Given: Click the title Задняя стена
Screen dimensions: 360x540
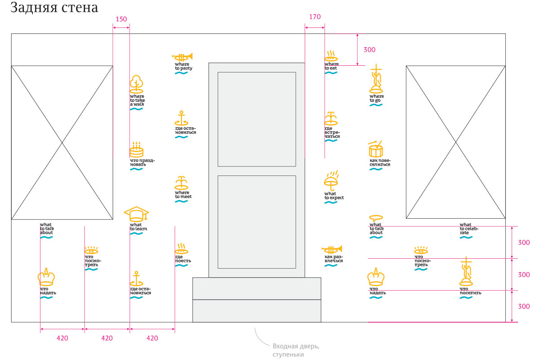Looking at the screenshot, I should [x=54, y=8].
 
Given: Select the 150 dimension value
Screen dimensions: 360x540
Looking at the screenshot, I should [x=121, y=19].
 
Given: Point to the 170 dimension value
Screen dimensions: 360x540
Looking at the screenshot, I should [x=315, y=17].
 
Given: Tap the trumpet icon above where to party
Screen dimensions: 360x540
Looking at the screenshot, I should [x=182, y=57].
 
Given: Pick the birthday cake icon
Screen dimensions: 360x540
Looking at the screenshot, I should [x=136, y=149].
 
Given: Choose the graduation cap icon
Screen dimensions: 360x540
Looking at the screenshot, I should [x=136, y=214].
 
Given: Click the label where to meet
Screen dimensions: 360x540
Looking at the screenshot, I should [x=182, y=195].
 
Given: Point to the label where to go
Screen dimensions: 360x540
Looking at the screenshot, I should [x=377, y=98].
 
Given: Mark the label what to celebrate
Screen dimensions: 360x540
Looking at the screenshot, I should [x=469, y=229].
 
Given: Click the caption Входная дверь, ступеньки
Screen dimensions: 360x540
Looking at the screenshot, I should [x=296, y=350].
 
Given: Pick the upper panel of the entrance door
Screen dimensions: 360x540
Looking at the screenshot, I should [x=256, y=119].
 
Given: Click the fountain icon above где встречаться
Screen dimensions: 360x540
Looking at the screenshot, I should [x=331, y=118].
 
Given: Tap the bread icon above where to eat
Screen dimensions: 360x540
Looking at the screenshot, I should [x=332, y=56].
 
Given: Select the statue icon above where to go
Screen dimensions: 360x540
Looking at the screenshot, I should [x=376, y=79].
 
